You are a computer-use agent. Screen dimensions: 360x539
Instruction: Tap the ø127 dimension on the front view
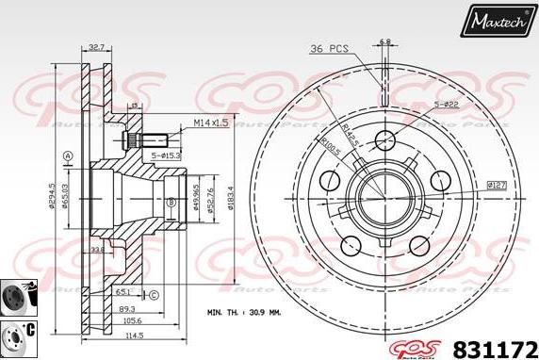point(497,186)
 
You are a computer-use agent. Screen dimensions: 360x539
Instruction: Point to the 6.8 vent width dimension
point(384,41)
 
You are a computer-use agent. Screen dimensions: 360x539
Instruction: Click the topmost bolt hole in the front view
point(383,141)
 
